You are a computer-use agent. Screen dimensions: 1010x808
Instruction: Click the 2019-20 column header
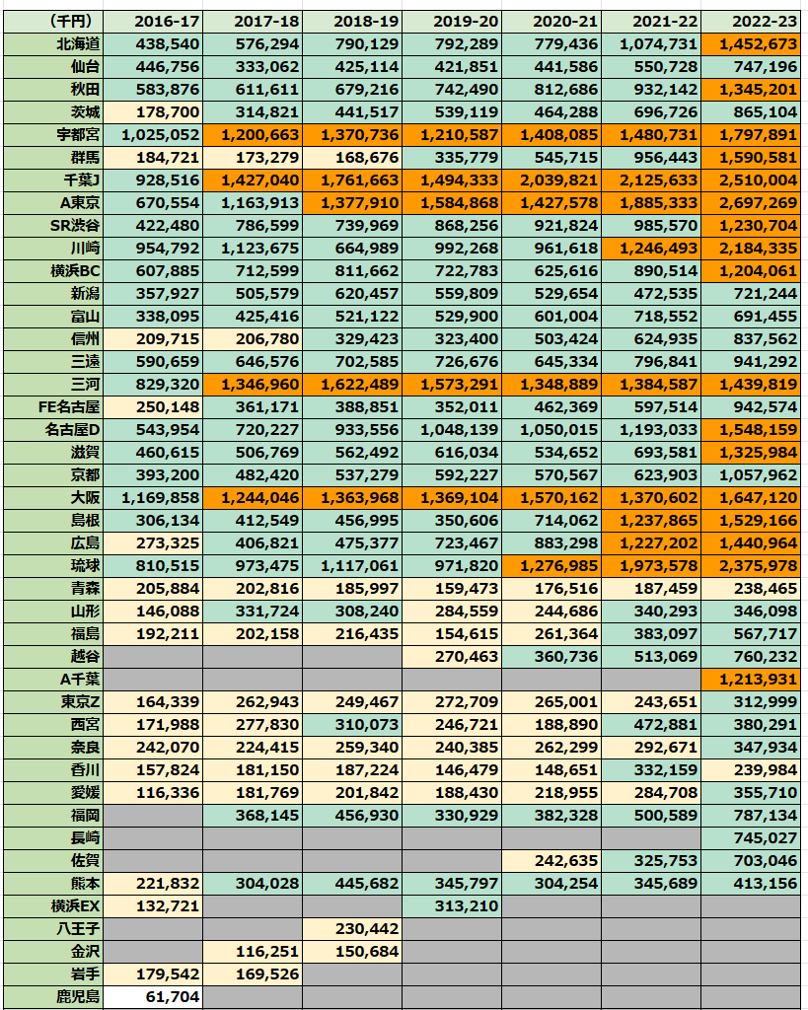tap(452, 21)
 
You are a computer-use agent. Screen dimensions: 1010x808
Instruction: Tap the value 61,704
tap(153, 996)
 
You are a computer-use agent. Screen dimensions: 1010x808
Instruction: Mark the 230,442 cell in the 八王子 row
tap(352, 928)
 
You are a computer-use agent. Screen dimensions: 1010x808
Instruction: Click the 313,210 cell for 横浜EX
tap(452, 905)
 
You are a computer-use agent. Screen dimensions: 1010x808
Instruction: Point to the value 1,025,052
tap(153, 134)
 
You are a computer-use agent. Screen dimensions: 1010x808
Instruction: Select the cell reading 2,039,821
tap(551, 180)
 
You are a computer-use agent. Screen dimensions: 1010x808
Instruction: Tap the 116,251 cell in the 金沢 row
tap(253, 951)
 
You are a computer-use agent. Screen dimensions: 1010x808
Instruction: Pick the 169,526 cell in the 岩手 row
tap(253, 974)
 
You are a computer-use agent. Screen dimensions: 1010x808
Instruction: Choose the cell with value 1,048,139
tap(452, 429)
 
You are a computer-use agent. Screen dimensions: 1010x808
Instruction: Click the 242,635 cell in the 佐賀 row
tap(551, 860)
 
